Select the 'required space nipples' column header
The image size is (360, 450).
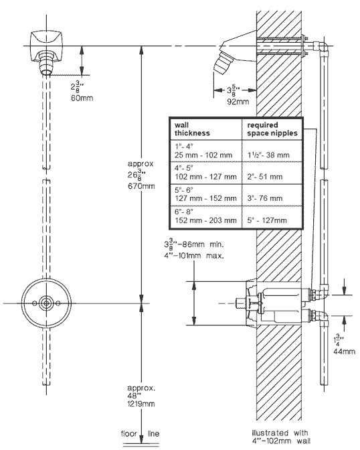click(272, 129)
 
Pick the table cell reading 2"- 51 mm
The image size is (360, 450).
click(266, 177)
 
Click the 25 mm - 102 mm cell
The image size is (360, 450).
click(205, 155)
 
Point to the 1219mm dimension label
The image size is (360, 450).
click(141, 404)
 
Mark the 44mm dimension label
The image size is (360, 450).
click(345, 350)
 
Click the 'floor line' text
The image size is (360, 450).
click(141, 432)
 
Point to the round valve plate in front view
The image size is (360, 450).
click(46, 303)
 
